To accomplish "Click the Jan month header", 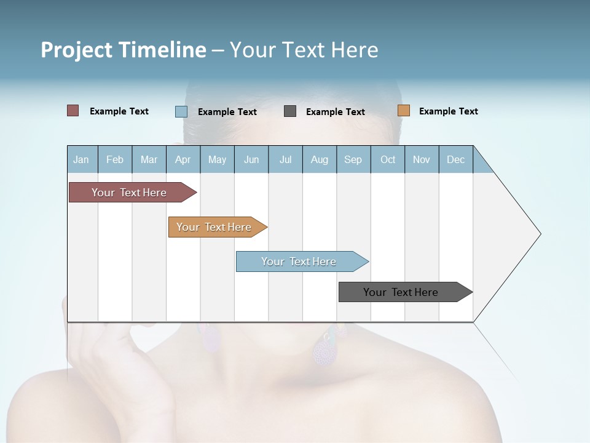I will (x=81, y=159).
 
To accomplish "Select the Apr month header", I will (x=183, y=159).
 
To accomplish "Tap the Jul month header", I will (x=285, y=159).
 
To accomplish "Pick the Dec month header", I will (x=455, y=159).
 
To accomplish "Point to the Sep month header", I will (x=353, y=159).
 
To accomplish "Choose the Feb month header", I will (x=115, y=159).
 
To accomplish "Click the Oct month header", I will (x=388, y=159).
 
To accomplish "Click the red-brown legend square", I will (x=73, y=111).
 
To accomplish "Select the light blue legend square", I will (x=181, y=111).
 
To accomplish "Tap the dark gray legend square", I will (x=290, y=111).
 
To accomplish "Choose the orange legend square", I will (x=404, y=111).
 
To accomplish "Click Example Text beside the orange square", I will (x=448, y=111).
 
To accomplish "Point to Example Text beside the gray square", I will (x=335, y=112).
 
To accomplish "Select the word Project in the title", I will (x=76, y=50).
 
